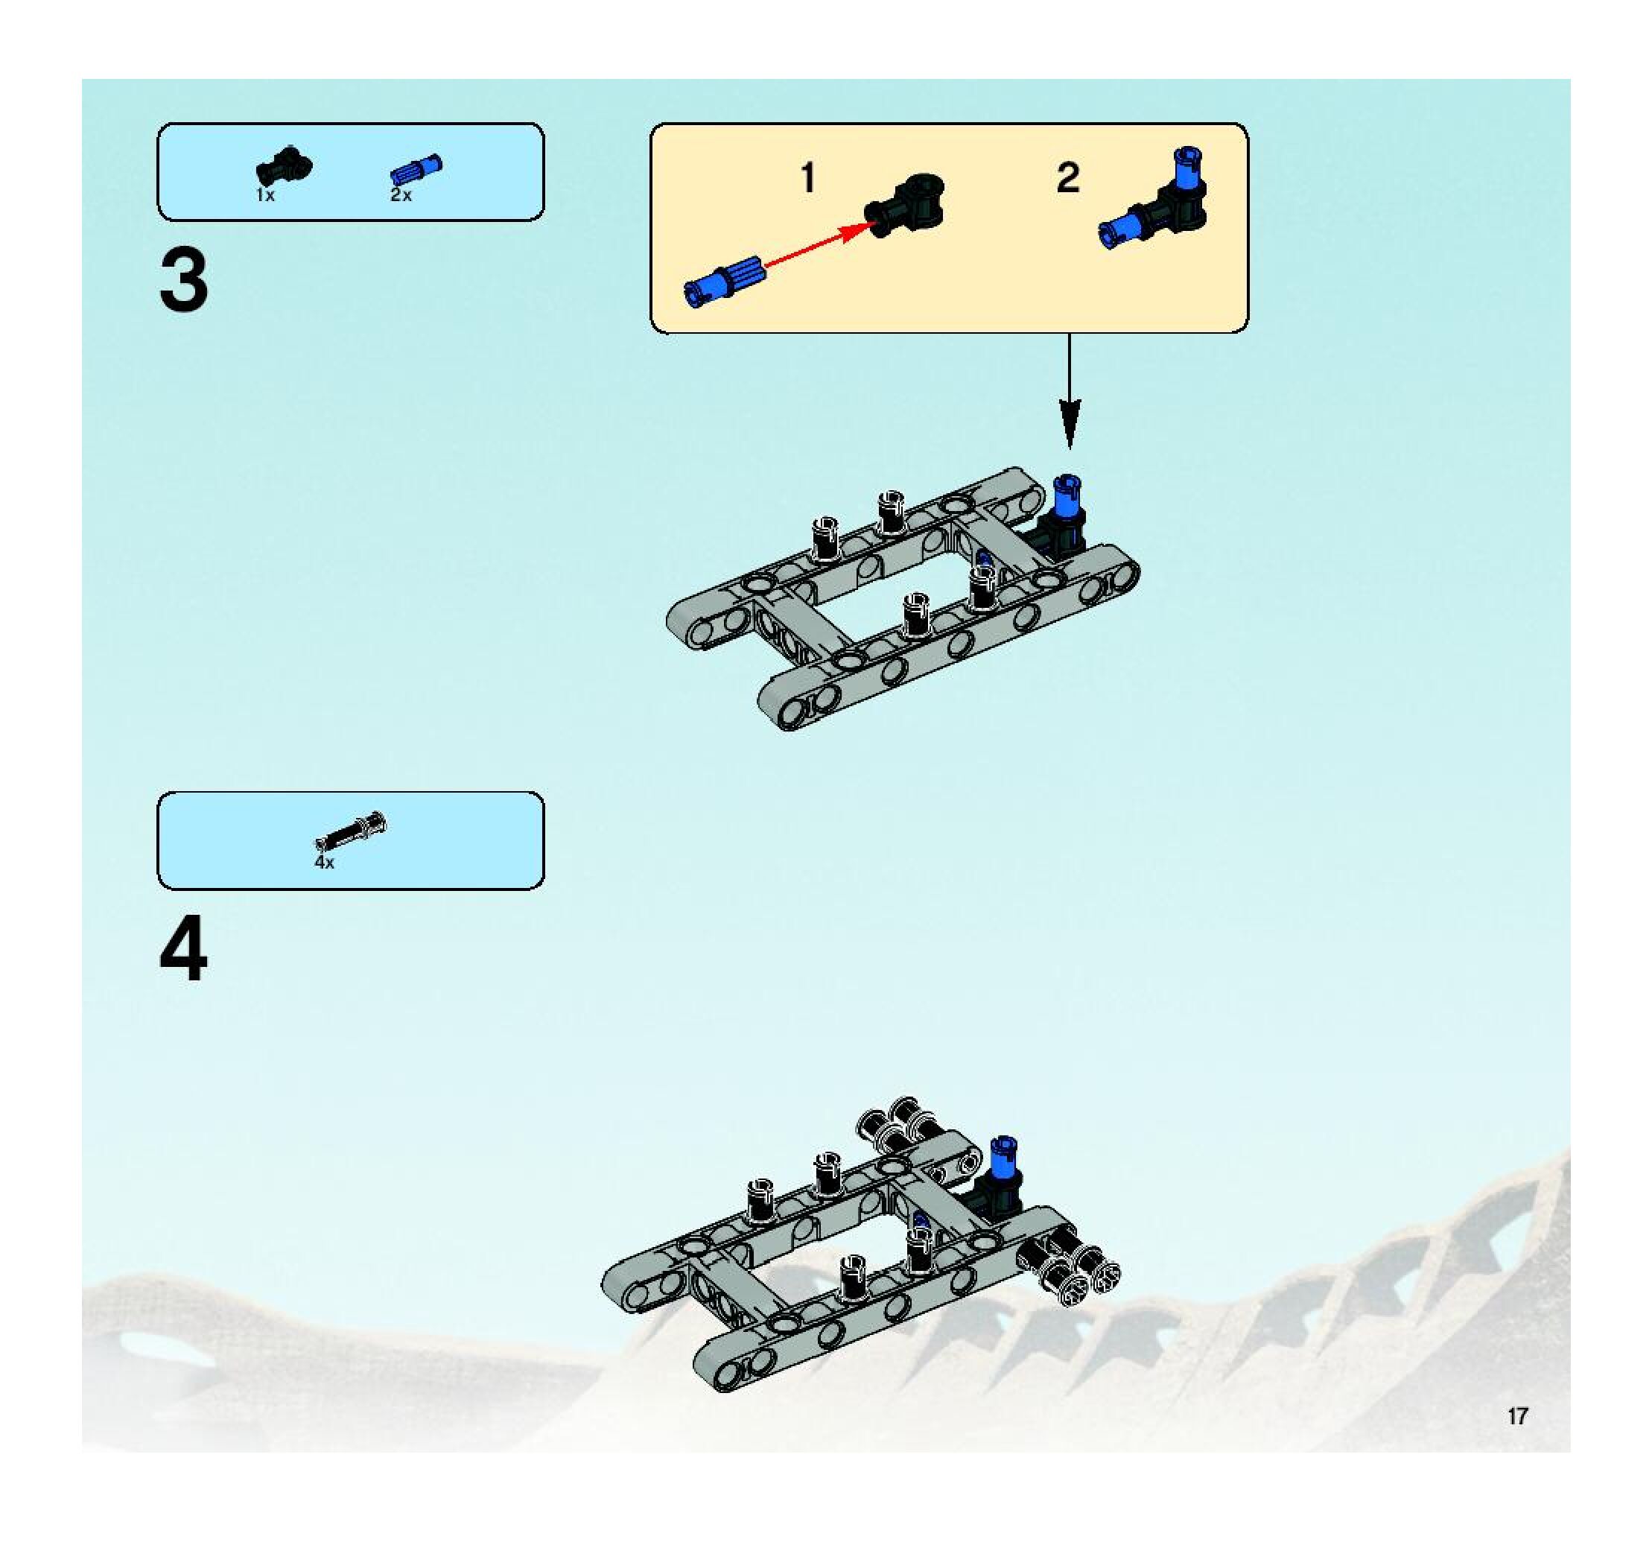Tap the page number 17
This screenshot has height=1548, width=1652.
[1517, 1416]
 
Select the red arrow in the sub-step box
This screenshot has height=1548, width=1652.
[814, 244]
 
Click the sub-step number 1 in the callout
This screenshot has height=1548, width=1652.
[807, 179]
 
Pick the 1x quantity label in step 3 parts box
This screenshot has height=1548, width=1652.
[265, 196]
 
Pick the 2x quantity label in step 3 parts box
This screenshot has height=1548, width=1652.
[401, 196]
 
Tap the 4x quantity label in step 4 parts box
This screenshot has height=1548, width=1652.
[324, 863]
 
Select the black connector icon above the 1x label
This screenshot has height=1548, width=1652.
[283, 165]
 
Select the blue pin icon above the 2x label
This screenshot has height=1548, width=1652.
[416, 171]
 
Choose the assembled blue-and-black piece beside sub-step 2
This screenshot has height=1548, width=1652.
[1154, 200]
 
